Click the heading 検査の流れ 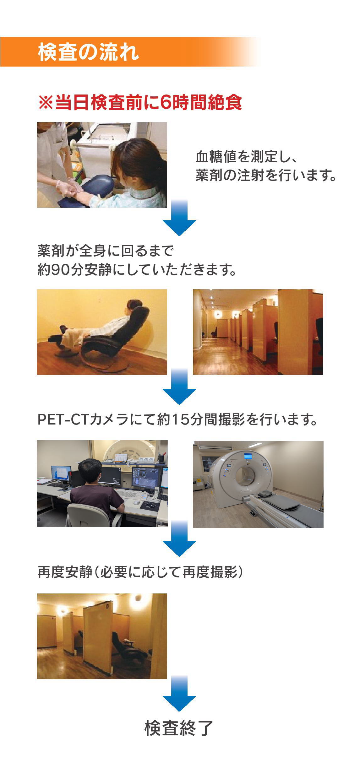tap(88, 52)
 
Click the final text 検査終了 tap(179, 728)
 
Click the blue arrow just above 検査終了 tap(179, 694)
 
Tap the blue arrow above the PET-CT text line tap(179, 387)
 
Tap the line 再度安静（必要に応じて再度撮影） tap(140, 572)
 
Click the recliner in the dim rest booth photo tap(127, 648)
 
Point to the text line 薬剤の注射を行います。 tap(266, 175)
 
